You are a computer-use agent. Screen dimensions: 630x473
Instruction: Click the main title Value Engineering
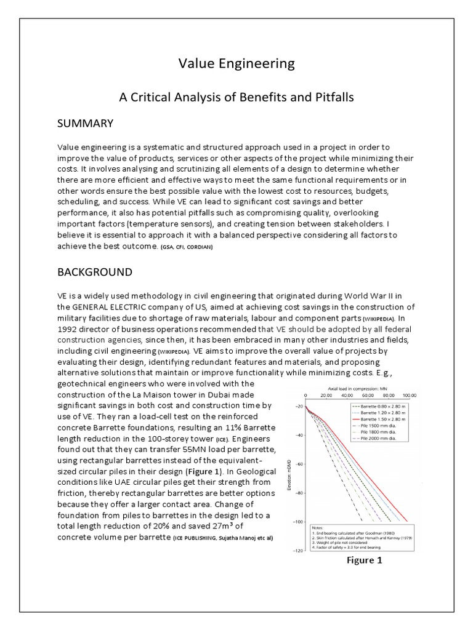click(236, 63)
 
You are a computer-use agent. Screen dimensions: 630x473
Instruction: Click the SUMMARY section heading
click(85, 124)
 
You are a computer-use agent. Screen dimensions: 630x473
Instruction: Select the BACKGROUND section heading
click(94, 271)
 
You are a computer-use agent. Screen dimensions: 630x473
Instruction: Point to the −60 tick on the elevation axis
click(299, 464)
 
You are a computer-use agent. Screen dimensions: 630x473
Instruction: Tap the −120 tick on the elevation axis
click(297, 551)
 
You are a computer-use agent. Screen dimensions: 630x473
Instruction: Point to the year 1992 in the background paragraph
click(69, 329)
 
